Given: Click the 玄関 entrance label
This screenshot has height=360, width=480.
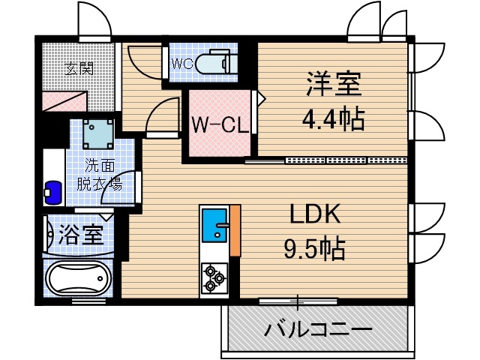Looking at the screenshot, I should coord(78,69).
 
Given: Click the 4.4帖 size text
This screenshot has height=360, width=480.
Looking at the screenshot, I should coord(333,118).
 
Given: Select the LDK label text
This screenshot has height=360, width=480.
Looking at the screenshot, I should coord(316,215).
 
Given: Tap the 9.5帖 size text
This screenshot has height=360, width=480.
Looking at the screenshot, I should coord(316,248).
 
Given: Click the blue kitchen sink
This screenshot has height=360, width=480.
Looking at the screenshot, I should coord(215,225).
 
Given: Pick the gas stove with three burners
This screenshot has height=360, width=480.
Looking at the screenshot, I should coord(214,277).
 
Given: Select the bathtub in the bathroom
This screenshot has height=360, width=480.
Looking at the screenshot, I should coord(77,280).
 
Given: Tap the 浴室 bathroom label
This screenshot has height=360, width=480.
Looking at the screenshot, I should coord(80,235).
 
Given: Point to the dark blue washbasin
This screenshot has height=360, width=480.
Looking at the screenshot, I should coord(52,191).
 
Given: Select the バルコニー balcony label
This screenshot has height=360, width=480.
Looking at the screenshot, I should coord(318,330).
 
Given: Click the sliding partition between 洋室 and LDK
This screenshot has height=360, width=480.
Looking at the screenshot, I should coord(328,160).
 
